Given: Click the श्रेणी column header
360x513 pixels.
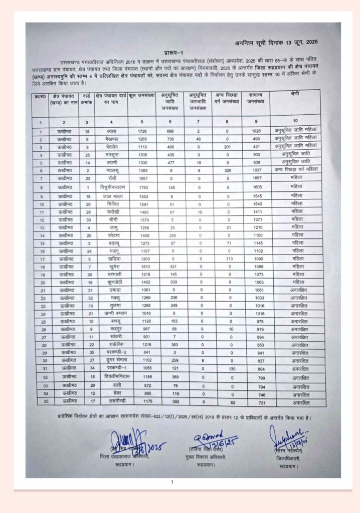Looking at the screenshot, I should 295,94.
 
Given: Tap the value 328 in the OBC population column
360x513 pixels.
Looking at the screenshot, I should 227,171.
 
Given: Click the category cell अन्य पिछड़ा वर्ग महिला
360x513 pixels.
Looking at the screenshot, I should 295,170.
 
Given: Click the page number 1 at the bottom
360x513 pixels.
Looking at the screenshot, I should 172,482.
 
